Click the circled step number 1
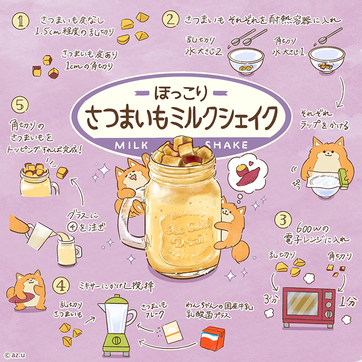21,21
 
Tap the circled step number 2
170,20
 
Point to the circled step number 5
20,105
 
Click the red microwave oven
309,307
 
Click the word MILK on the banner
132,145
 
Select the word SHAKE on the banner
226,145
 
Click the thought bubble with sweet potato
247,174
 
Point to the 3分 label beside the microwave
271,300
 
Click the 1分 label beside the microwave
346,302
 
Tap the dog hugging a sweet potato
27,291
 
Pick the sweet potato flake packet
172,332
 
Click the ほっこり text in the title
181,94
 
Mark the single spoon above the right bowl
330,36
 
